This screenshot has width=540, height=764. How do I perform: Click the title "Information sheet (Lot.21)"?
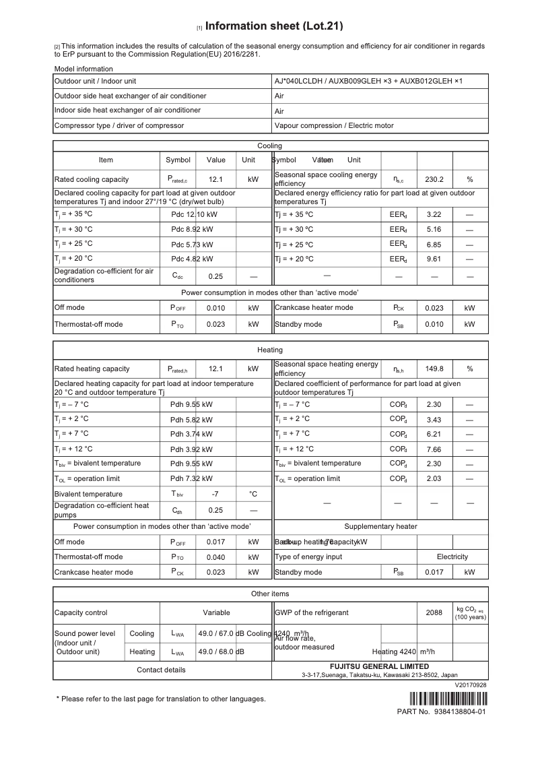coord(274,26)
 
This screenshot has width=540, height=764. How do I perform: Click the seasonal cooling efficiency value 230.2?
coord(434,180)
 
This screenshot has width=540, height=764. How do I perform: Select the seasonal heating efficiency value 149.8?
coord(434,369)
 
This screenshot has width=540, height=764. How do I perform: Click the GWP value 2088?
coord(434,613)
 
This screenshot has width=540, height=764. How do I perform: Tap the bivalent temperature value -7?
coord(215,494)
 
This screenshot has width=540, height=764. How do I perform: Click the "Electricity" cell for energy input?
coord(452,557)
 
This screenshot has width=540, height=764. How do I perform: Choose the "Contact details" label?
coord(161,670)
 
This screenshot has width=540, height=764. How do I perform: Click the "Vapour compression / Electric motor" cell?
coord(335,125)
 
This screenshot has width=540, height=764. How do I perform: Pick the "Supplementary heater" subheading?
coord(380,527)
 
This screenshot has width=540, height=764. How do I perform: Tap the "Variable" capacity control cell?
coord(216,613)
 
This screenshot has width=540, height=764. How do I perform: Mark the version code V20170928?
coord(471,685)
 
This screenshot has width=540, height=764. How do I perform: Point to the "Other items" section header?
coord(270,594)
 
